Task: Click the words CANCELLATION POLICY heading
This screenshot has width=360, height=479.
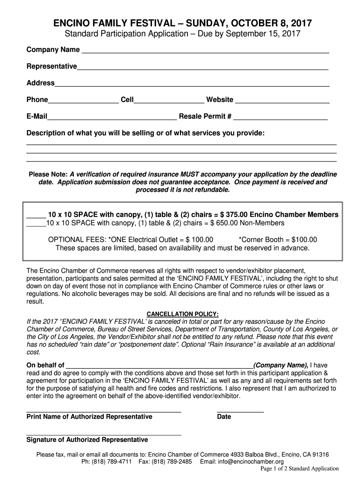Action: point(183,314)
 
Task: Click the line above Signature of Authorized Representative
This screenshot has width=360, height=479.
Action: point(104,435)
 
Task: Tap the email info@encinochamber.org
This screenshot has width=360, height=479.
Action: point(248,462)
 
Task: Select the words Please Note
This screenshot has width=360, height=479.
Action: point(49,174)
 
